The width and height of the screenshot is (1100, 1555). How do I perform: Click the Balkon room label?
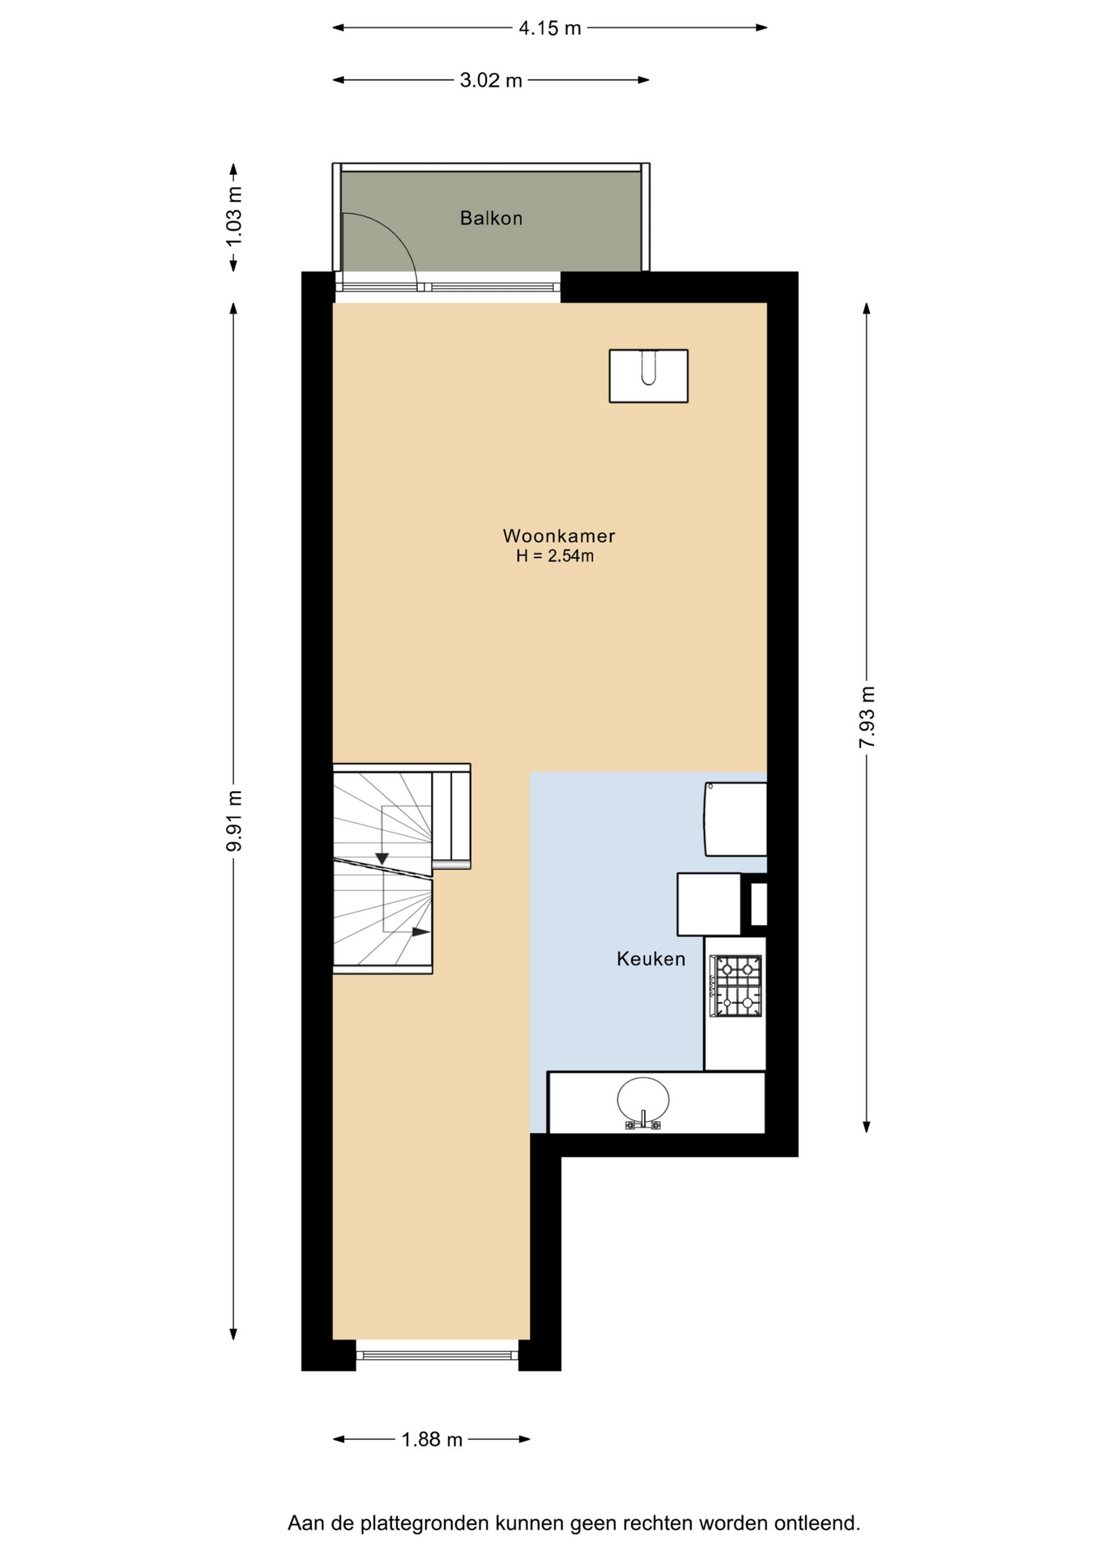tap(491, 218)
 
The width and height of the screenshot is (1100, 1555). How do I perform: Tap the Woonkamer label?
tap(559, 535)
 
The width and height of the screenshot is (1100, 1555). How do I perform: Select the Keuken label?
tap(650, 959)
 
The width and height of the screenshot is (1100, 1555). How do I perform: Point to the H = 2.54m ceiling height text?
tap(555, 556)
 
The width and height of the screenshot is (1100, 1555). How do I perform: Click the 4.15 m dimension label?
tap(550, 28)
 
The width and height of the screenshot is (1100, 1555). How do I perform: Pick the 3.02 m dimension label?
tap(491, 80)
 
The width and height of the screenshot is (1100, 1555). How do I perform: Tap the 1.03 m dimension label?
tap(234, 217)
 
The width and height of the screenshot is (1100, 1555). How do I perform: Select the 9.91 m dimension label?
tap(234, 820)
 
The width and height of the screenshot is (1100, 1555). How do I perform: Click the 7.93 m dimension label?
tap(867, 718)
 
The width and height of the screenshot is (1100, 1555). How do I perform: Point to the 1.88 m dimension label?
tap(432, 1439)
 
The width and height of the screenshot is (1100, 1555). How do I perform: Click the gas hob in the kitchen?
tap(736, 986)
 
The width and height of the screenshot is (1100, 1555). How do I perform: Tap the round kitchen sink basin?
tap(643, 1100)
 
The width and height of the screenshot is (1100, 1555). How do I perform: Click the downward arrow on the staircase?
tap(382, 858)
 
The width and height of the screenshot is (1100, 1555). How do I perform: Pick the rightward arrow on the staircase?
tap(420, 931)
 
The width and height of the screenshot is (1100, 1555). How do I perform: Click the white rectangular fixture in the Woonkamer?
tap(648, 376)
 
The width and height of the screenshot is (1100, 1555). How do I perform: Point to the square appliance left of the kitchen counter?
tap(710, 904)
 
